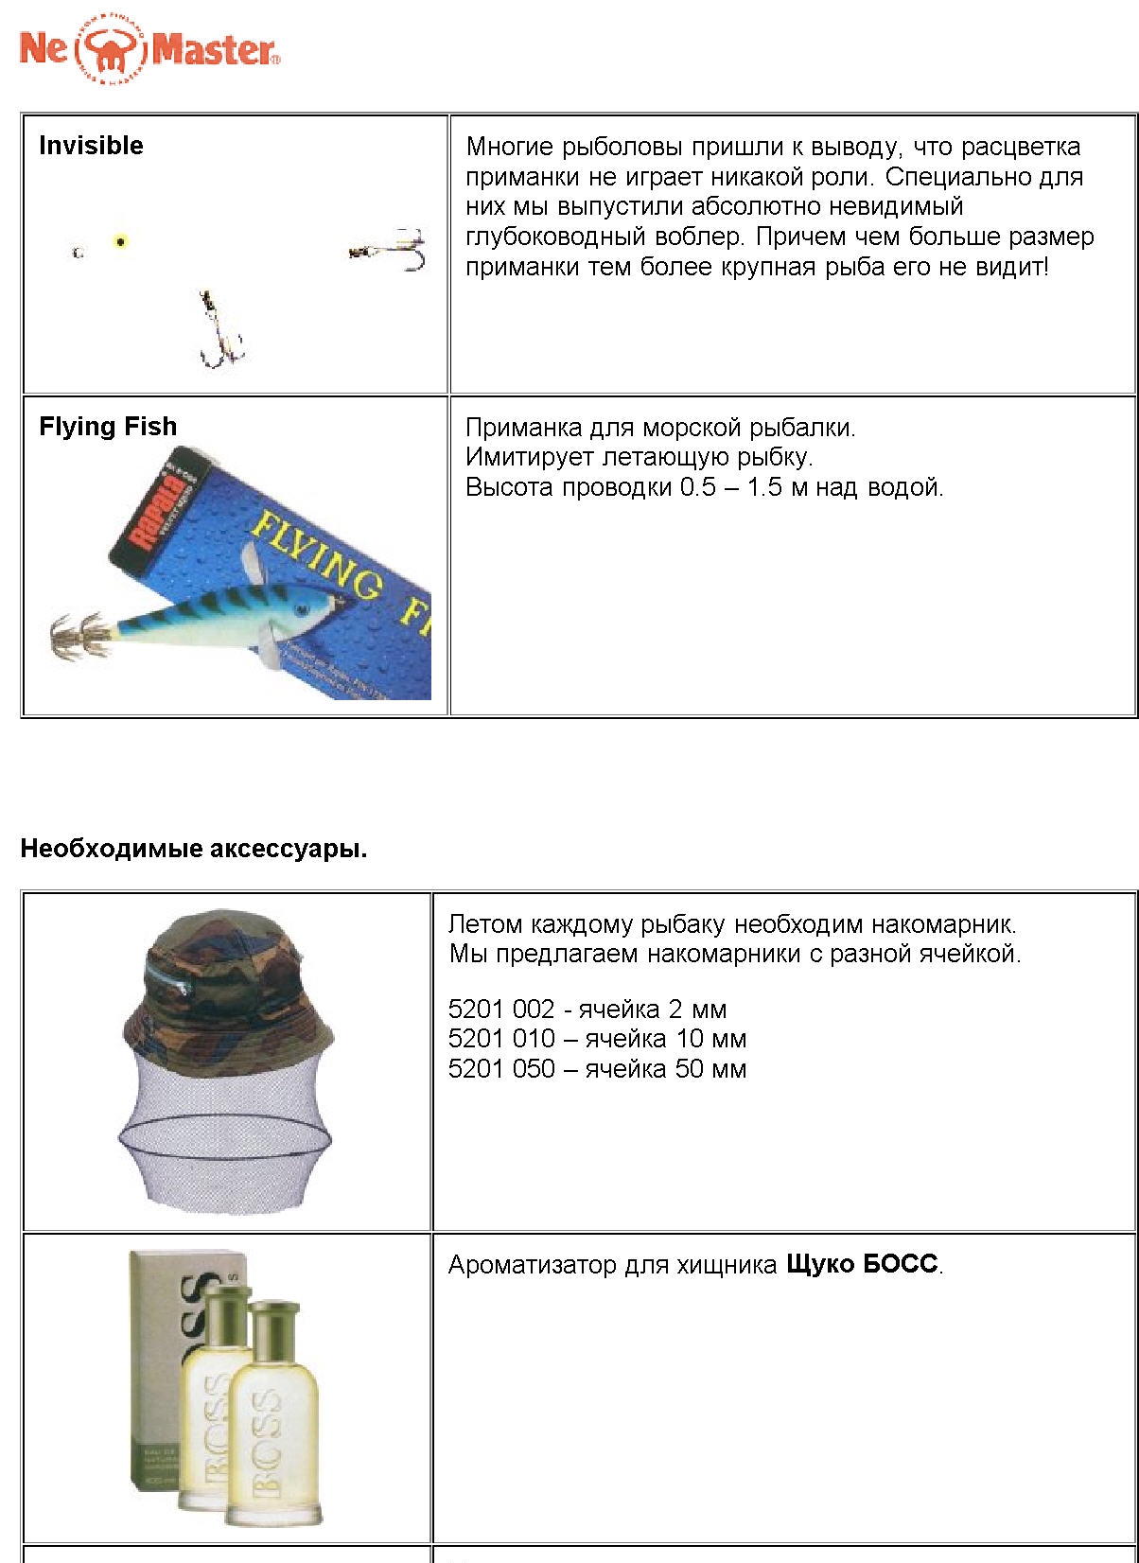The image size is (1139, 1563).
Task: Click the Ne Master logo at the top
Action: click(x=149, y=49)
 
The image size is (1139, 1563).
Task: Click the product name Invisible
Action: click(x=91, y=146)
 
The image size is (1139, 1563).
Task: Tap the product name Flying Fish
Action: click(x=108, y=427)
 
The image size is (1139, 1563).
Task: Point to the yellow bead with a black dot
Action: click(x=120, y=241)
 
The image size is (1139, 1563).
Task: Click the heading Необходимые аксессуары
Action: click(x=193, y=849)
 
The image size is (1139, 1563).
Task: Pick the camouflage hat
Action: click(x=228, y=984)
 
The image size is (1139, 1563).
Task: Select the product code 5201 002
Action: click(x=500, y=1010)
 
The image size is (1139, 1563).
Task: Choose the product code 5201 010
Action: click(x=500, y=1039)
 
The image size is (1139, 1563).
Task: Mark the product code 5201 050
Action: click(x=500, y=1069)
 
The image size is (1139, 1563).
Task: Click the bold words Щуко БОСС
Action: click(x=861, y=1265)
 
